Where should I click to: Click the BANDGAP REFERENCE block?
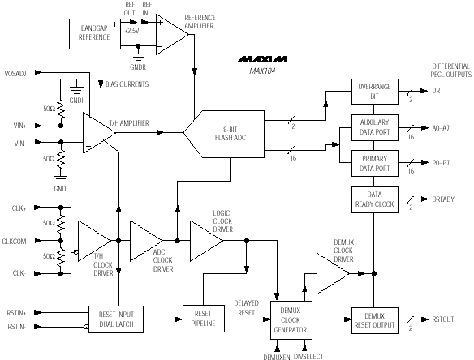[x=95, y=34]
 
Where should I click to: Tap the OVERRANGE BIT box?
[x=374, y=92]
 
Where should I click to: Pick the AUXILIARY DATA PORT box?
[x=374, y=127]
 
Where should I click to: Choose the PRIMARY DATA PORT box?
[x=374, y=164]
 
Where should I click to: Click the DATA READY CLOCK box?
[x=374, y=199]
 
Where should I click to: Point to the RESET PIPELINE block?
[x=204, y=319]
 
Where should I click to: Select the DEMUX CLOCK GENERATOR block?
[x=291, y=320]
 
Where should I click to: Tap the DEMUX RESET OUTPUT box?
[x=374, y=320]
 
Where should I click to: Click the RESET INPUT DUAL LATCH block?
[x=116, y=319]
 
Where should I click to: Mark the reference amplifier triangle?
[x=172, y=34]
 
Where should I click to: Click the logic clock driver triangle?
[x=206, y=241]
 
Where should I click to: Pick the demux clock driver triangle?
[x=333, y=273]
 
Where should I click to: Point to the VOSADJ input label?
[x=15, y=74]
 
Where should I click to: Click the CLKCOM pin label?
[x=15, y=242]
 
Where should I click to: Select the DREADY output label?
[x=443, y=199]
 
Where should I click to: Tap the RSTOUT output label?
[x=443, y=319]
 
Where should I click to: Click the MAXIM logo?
[x=262, y=59]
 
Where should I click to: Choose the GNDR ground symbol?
[x=138, y=54]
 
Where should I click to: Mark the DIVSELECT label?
[x=308, y=357]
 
